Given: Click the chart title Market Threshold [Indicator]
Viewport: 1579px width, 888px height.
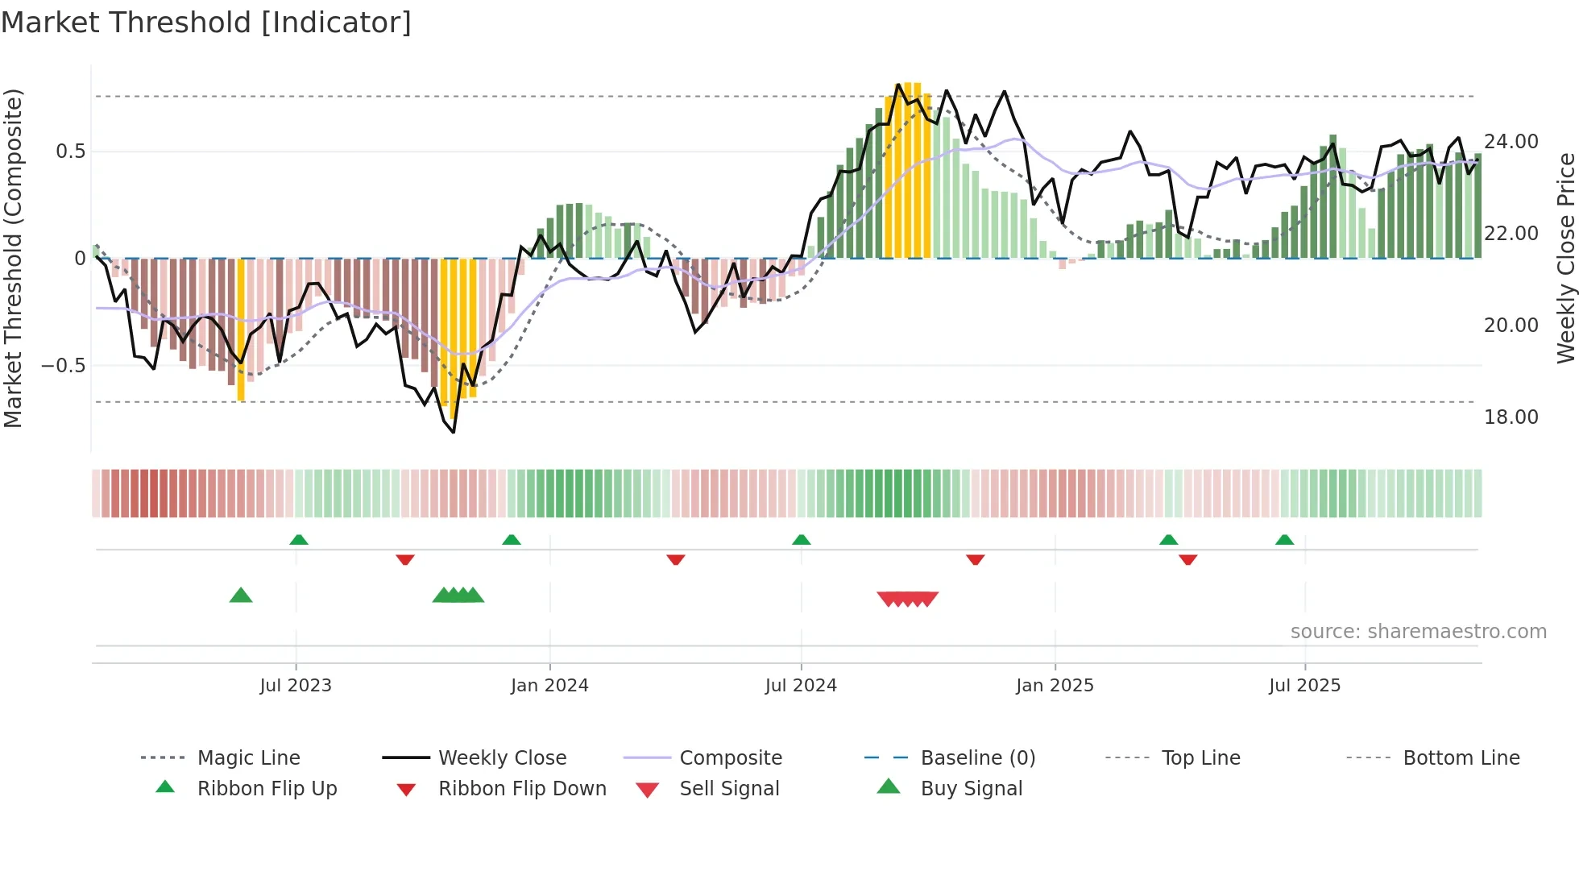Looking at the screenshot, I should (206, 23).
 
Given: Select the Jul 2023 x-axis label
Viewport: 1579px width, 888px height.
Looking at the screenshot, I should (296, 686).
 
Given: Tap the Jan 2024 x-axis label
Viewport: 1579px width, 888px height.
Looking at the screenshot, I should (549, 686).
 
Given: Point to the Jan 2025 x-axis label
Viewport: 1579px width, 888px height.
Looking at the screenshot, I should (1055, 686).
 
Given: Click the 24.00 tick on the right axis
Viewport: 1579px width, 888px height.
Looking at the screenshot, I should (1511, 142).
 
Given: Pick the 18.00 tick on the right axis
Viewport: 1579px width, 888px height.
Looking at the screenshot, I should (1511, 417).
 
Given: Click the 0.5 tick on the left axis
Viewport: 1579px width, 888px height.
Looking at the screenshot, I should (70, 151).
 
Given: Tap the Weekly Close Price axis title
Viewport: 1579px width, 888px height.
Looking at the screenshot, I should (1565, 258).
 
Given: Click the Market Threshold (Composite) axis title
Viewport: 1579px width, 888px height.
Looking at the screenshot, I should (13, 258).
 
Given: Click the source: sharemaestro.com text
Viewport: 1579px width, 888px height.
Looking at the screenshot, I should (1418, 632).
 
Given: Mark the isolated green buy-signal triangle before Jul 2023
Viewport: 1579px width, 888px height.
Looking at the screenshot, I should (241, 595).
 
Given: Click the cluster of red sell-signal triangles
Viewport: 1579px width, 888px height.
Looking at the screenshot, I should (908, 599).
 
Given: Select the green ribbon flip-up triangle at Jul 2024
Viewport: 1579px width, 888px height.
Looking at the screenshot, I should (801, 540).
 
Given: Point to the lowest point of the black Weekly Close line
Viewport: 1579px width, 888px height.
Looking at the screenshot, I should (454, 433).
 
